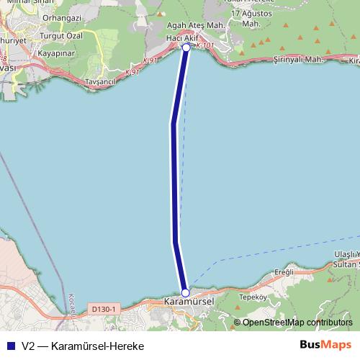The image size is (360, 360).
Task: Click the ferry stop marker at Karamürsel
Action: (x=185, y=292)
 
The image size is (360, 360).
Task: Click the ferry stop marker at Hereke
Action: (x=186, y=47)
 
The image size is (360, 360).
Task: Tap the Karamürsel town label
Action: (x=189, y=301)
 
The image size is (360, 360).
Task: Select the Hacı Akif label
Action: (x=182, y=37)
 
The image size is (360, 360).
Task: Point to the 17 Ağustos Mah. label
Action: (x=251, y=18)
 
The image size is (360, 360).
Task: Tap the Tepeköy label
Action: (x=253, y=296)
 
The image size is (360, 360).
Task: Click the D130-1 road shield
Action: (x=104, y=309)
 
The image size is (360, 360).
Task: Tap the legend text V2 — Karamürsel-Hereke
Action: (x=83, y=346)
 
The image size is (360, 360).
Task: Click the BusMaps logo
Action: (x=326, y=345)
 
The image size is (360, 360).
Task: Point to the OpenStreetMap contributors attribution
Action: (x=297, y=323)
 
